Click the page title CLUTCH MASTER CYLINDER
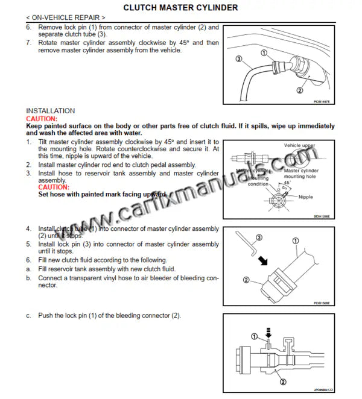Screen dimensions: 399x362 (x=180, y=7)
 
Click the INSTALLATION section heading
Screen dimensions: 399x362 (x=51, y=111)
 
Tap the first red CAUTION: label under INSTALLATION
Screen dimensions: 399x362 (x=42, y=119)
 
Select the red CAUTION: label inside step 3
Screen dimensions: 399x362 (x=54, y=187)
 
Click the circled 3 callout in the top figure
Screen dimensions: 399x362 (x=239, y=59)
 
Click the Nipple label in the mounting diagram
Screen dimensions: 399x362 (x=302, y=196)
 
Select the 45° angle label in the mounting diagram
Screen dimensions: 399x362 (x=287, y=182)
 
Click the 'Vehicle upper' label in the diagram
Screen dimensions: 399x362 (x=300, y=146)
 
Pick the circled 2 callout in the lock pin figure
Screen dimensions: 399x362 (x=246, y=280)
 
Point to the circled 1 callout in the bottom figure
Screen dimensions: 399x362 (x=254, y=336)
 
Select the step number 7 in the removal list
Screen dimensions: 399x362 (x=29, y=43)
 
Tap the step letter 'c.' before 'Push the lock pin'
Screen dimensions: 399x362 (x=29, y=316)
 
